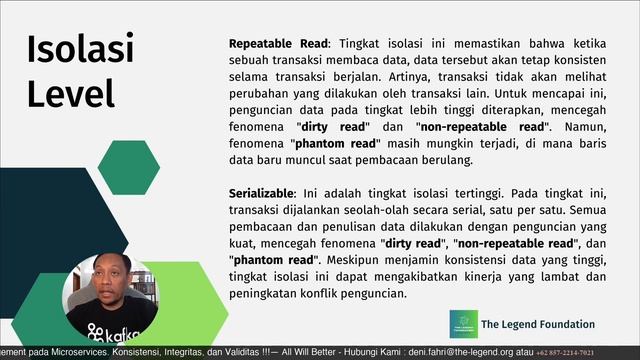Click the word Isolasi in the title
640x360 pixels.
click(80, 49)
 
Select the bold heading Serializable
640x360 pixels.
click(262, 191)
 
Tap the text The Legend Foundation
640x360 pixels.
click(537, 324)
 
